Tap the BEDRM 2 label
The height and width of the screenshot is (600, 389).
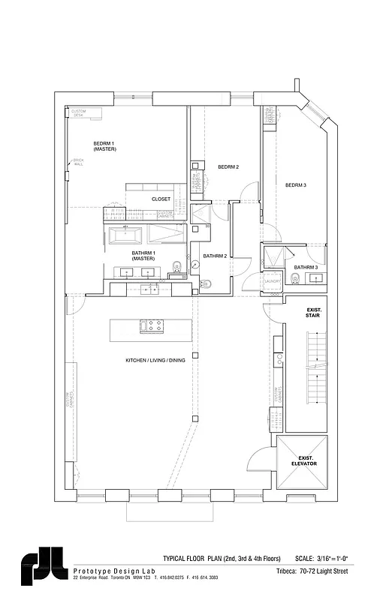pos(228,166)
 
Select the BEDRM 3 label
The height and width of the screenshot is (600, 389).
pos(295,184)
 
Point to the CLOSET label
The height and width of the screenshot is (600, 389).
pos(161,199)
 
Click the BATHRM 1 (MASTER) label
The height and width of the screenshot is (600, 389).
pos(143,256)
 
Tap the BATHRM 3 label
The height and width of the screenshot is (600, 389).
pos(306,267)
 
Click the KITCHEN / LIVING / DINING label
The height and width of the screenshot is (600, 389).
pos(155,361)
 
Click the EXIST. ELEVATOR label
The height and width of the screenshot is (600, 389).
pos(304,460)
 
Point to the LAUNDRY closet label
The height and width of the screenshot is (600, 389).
pos(272,282)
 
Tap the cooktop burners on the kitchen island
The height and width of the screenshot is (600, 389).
pos(155,326)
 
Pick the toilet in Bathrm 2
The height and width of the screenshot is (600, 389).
pos(207,283)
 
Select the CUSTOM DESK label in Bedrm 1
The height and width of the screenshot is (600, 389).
pos(79,112)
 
